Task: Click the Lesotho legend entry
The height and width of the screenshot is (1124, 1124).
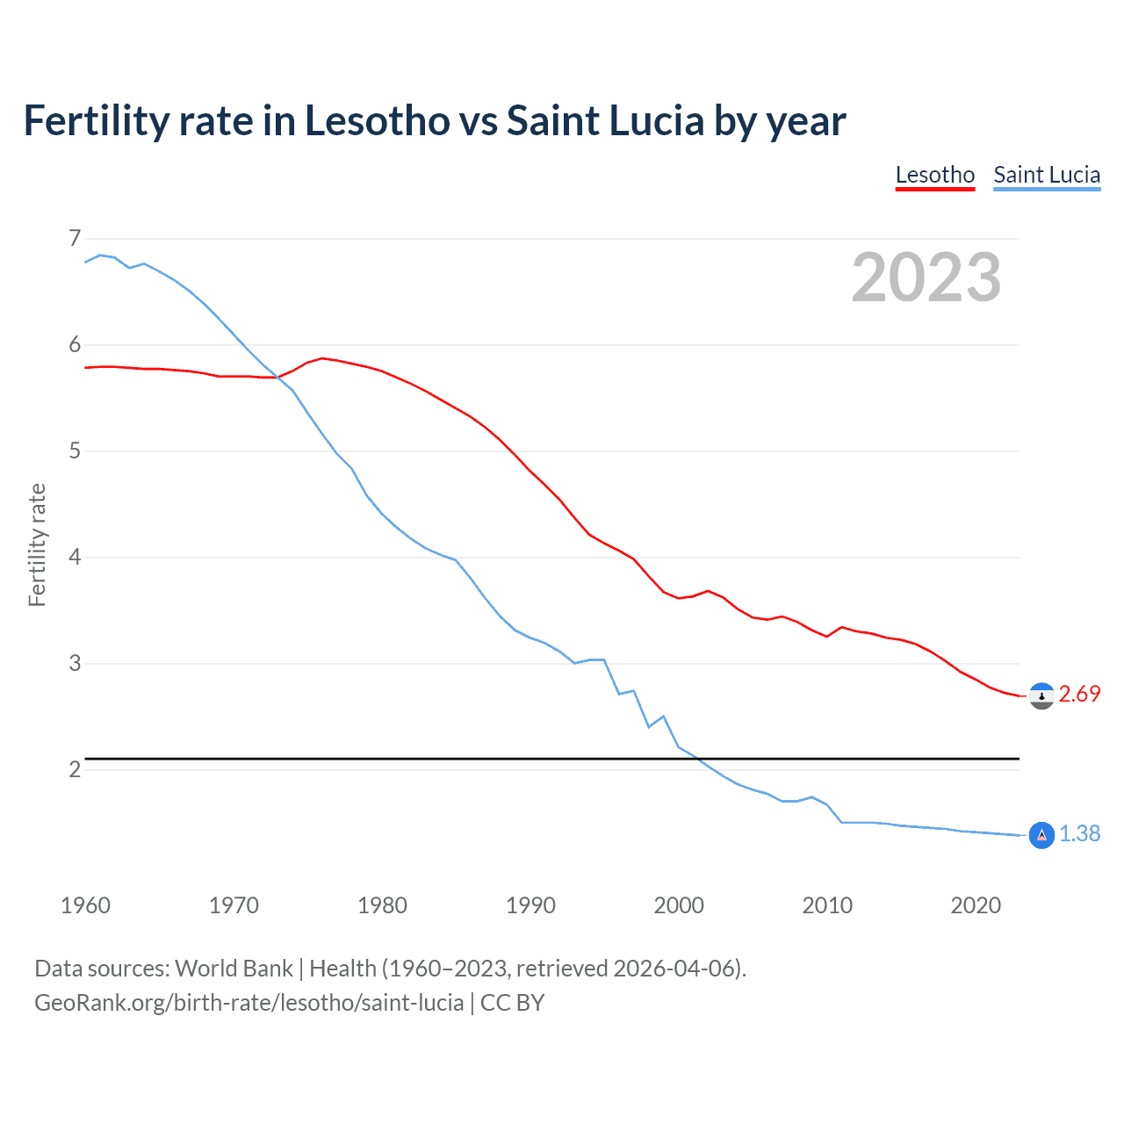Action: tap(934, 175)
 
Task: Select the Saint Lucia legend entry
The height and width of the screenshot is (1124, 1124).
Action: tap(1046, 175)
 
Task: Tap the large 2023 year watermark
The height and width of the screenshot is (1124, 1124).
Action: tap(926, 277)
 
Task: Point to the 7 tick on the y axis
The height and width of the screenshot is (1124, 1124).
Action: tap(75, 238)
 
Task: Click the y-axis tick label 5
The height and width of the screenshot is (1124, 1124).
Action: tap(75, 450)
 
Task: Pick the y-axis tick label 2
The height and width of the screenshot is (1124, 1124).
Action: tap(75, 769)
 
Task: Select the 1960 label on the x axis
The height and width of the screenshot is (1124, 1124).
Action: tap(85, 905)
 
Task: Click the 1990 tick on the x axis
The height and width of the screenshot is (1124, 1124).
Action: tap(530, 905)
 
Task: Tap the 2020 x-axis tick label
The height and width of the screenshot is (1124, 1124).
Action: tap(976, 905)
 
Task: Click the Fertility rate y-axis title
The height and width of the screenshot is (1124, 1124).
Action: tap(37, 544)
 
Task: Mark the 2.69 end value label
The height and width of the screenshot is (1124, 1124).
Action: tap(1079, 694)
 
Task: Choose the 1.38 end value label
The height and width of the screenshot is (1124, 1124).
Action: tap(1079, 833)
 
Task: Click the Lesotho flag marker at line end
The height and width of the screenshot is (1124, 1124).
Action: tap(1041, 696)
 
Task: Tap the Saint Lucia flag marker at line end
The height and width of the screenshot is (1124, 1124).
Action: tap(1041, 835)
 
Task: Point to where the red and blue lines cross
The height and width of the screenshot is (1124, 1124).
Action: tap(277, 377)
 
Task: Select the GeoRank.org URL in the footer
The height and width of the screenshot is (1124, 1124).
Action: tap(249, 1002)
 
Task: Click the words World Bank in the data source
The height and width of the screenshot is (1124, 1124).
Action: tap(234, 968)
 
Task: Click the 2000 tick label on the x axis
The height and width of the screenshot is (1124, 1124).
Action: tap(679, 905)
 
